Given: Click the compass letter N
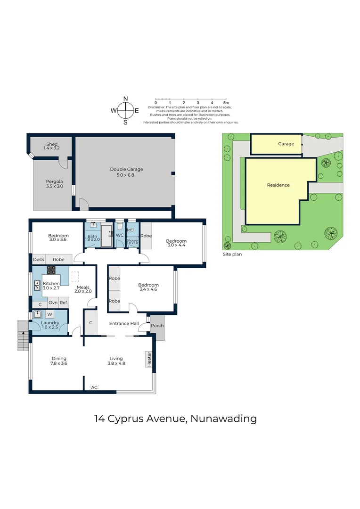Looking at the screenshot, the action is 126,99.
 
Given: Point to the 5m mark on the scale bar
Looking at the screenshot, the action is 226,103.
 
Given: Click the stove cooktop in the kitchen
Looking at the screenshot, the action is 51,270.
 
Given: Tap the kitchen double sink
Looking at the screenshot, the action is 37,285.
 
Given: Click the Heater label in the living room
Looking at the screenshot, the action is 149,359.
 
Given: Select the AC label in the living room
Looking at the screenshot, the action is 94,387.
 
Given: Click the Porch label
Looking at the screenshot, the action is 157,325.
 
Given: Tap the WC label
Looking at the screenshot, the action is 120,235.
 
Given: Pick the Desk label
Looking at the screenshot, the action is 39,259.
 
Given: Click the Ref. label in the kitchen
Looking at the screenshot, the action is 64,303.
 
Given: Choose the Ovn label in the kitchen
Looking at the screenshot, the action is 53,303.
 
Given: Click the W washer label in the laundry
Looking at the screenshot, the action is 49,314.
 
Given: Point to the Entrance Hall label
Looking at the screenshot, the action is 124,323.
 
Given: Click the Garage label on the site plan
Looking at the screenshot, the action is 286,144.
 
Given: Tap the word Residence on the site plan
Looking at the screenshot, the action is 278,185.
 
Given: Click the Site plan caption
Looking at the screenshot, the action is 232,254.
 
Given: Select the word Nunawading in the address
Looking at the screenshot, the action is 224,419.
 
